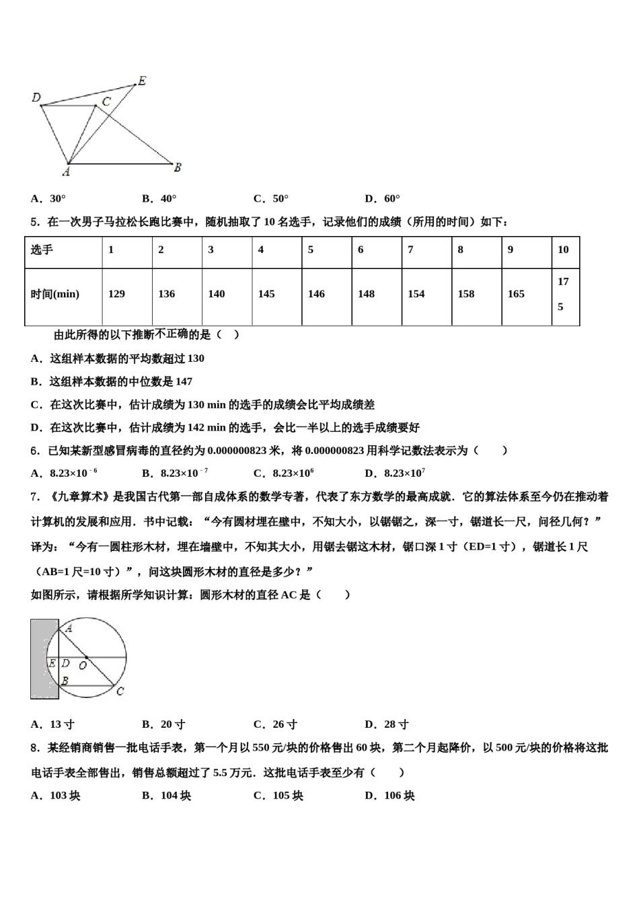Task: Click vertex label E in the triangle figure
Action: point(141,81)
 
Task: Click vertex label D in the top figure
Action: point(36,98)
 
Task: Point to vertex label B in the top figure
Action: point(178,167)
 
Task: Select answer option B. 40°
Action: point(159,198)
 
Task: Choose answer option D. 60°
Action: point(382,198)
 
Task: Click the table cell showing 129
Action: point(116,294)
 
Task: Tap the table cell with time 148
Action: point(366,294)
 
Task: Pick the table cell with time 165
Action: point(516,294)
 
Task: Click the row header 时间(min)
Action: point(54,294)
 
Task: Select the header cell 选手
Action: point(42,250)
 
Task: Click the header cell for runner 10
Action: point(563,250)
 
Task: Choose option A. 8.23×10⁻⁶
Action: point(64,473)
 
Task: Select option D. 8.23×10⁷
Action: point(395,473)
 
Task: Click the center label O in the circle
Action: point(83,665)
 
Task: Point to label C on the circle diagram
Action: point(120,691)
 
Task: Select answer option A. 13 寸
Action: point(52,724)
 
